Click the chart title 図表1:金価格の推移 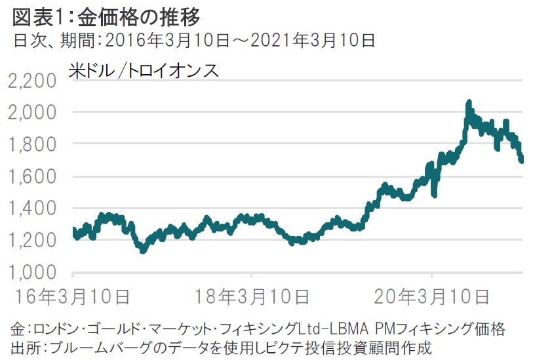pyautogui.click(x=106, y=15)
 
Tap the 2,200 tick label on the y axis pyautogui.click(x=33, y=82)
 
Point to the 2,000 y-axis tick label pyautogui.click(x=33, y=113)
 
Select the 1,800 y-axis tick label pyautogui.click(x=33, y=144)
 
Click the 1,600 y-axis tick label pyautogui.click(x=33, y=177)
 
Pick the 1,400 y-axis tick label pyautogui.click(x=33, y=209)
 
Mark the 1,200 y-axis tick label pyautogui.click(x=33, y=241)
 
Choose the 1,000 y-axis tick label pyautogui.click(x=33, y=272)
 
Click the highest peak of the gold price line pyautogui.click(x=469, y=103)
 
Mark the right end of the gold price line pyautogui.click(x=522, y=159)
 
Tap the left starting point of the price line pyautogui.click(x=73, y=230)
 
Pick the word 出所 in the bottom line pyautogui.click(x=25, y=346)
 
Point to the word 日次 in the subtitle pyautogui.click(x=28, y=41)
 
